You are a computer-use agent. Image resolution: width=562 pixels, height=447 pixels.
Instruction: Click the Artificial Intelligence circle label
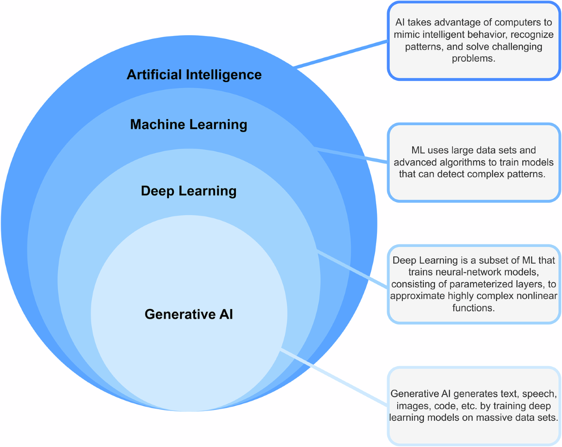point(194,74)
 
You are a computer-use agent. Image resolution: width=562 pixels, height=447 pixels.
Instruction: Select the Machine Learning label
point(188,124)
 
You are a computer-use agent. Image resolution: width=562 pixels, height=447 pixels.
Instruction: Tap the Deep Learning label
point(188,191)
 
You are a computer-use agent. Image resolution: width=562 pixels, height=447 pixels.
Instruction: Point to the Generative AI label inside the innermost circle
point(188,314)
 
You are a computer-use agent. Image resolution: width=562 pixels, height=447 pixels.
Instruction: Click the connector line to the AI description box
point(342,54)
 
